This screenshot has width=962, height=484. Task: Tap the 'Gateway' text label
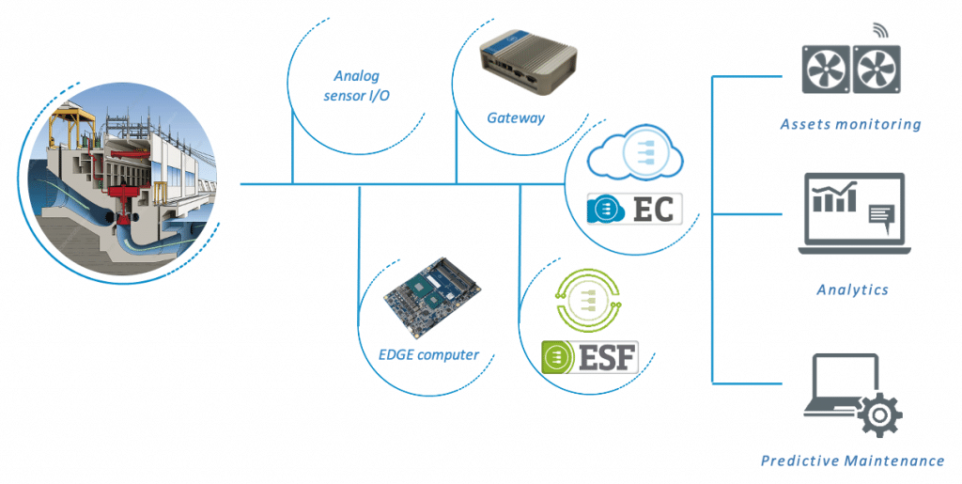[x=516, y=117]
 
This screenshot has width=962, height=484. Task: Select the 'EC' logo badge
[x=634, y=209]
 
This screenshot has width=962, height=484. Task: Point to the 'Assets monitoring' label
[x=851, y=124]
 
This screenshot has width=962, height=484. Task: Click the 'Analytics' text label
[x=852, y=289]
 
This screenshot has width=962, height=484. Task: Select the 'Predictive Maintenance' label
[x=852, y=461]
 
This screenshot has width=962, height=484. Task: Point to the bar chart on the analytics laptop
[x=836, y=197]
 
